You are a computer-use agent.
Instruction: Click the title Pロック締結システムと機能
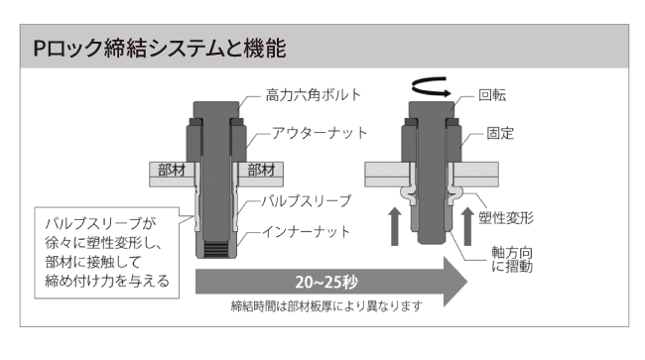coord(159,48)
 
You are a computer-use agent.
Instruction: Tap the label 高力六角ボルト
coord(313,95)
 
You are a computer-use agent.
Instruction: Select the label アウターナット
coord(320,133)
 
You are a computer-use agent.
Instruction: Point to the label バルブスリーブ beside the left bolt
coord(307,201)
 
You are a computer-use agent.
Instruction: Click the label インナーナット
coord(306,232)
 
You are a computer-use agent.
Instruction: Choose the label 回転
coord(492,95)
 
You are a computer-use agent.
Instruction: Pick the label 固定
coord(500,133)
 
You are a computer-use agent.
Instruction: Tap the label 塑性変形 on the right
coord(506,217)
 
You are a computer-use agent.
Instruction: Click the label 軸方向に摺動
coord(512,260)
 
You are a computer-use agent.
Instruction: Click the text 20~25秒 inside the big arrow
coord(326,283)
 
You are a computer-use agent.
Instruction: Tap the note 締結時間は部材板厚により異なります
coord(326,306)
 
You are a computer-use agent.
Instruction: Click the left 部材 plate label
coord(172,170)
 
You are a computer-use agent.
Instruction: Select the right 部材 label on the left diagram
coord(261,170)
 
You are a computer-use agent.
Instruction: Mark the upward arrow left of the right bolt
coord(395,226)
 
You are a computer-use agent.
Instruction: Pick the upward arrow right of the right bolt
coord(467,226)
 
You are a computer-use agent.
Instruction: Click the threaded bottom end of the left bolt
coord(216,250)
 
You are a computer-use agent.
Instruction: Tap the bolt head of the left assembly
coord(216,110)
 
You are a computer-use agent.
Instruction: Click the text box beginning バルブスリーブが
coord(107,253)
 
